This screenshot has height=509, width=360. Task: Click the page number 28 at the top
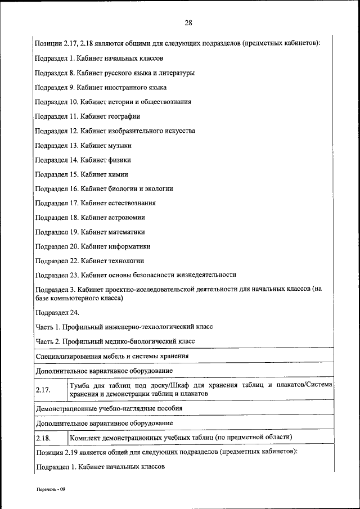pyautogui.click(x=188, y=23)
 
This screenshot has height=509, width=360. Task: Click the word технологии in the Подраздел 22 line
pyautogui.click(x=125, y=260)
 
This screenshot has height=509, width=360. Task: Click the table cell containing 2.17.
pyautogui.click(x=50, y=389)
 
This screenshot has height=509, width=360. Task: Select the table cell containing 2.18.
pyautogui.click(x=50, y=437)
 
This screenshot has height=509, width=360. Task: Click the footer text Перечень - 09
pyautogui.click(x=52, y=489)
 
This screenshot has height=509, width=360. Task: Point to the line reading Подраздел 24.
pyautogui.click(x=57, y=312)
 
